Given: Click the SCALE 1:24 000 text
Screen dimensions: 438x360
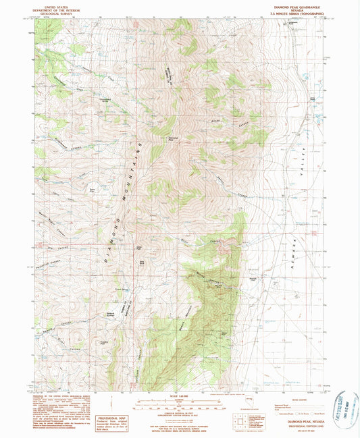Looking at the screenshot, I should (x=180, y=395).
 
